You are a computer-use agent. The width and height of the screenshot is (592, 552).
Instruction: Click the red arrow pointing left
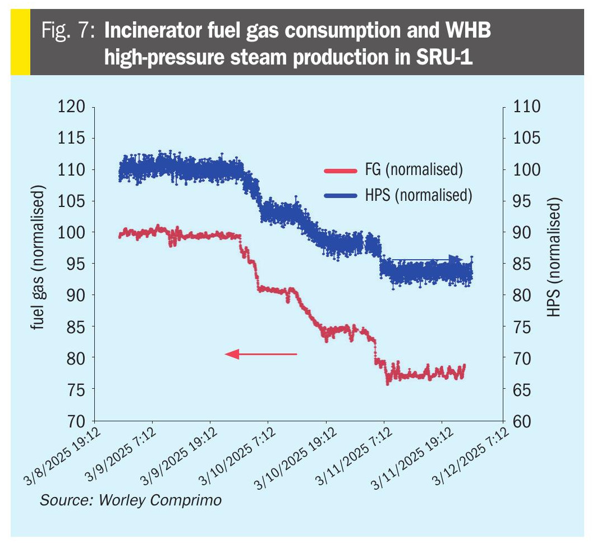click(260, 354)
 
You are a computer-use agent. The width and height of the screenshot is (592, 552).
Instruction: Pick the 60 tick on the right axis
click(522, 421)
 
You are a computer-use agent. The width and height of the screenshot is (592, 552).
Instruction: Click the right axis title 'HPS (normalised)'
click(554, 259)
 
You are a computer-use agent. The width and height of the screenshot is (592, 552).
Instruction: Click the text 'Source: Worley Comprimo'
click(130, 500)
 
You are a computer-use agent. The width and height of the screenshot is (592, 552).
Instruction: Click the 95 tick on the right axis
click(522, 201)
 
